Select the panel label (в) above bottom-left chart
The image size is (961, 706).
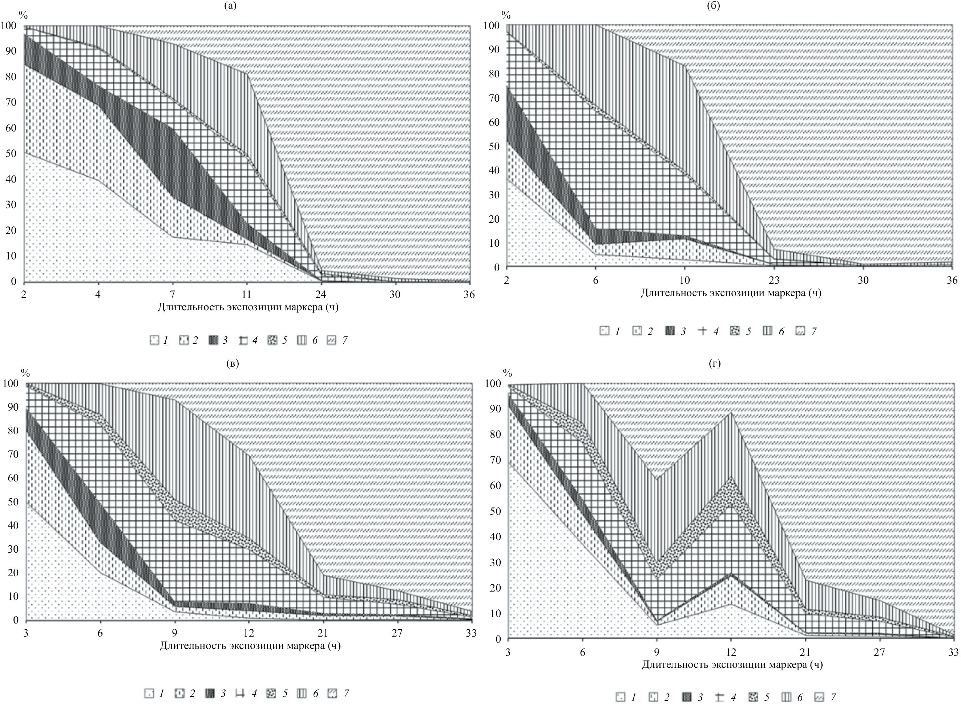point(233,364)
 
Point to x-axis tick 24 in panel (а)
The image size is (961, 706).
point(321,295)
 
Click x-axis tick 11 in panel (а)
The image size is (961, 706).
point(247,295)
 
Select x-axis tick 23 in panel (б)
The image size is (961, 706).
point(774,281)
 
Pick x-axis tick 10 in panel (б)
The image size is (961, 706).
point(685,281)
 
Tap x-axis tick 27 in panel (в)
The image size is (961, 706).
point(397,633)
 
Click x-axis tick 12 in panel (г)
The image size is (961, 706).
point(731,653)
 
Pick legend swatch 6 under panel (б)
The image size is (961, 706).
point(767,331)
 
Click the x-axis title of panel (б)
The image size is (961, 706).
point(731,294)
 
